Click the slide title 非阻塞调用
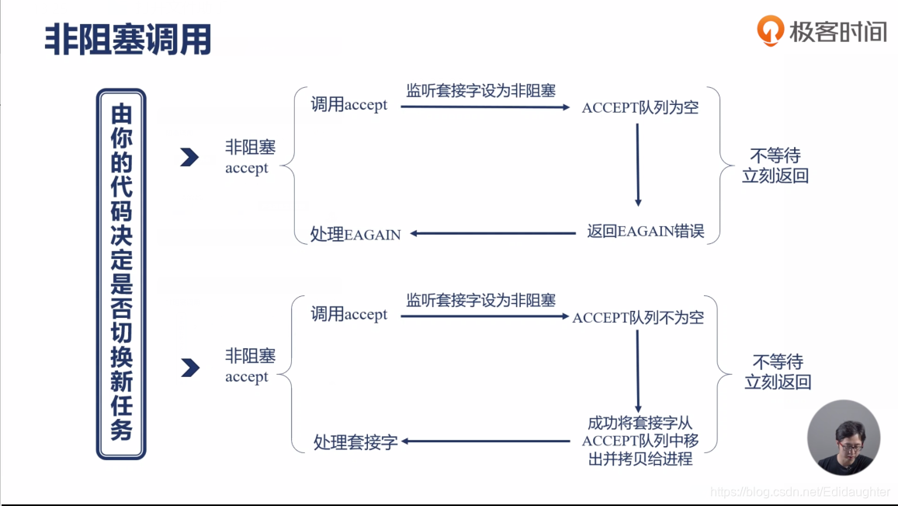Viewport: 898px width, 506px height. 128,39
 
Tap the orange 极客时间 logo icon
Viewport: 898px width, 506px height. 770,31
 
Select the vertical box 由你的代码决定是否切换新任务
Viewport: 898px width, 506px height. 121,274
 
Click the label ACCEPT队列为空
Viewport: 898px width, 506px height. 640,108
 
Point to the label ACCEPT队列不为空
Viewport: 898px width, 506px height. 638,317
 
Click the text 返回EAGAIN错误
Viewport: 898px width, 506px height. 645,232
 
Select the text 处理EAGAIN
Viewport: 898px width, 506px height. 355,234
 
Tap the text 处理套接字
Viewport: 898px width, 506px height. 355,442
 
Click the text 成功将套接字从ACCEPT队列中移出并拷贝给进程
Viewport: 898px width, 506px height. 640,441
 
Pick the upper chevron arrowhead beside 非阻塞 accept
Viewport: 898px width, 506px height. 189,158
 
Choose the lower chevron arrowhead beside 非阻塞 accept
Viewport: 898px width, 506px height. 190,368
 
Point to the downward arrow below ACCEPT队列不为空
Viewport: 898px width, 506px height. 638,372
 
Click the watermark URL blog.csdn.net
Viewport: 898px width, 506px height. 800,492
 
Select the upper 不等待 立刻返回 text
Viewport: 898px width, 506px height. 775,166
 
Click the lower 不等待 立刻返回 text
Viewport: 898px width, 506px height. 778,372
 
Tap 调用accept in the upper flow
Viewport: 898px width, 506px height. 348,105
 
